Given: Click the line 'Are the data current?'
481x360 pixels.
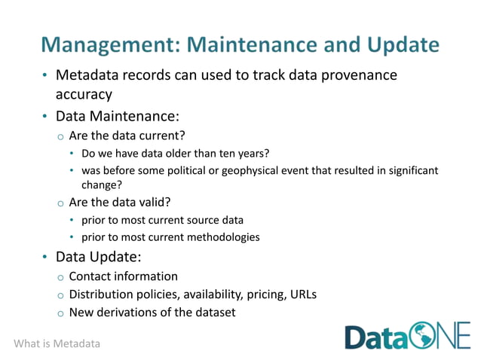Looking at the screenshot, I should [127, 136].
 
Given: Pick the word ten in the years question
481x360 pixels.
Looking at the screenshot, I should [225, 154].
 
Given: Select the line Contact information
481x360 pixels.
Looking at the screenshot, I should [123, 276].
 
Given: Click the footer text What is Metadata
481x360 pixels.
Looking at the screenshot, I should [57, 343].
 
